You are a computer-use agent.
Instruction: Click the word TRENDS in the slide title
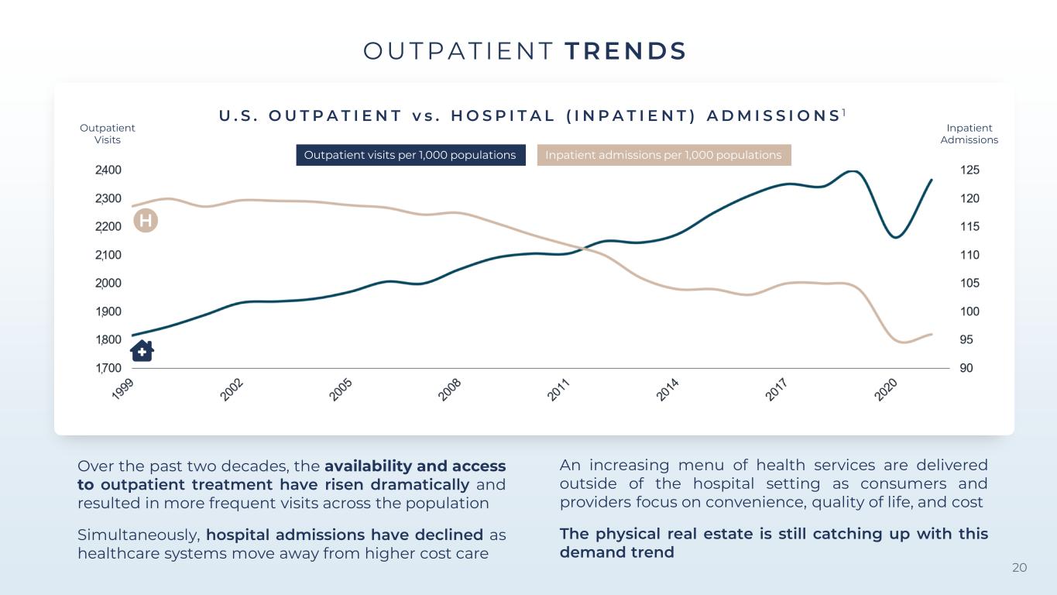point(625,51)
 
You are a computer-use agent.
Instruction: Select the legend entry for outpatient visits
point(410,155)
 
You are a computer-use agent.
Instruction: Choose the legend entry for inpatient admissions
point(664,155)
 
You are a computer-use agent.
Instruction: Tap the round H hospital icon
point(146,221)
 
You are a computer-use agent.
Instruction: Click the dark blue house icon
point(142,351)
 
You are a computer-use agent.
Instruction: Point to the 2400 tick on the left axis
point(108,170)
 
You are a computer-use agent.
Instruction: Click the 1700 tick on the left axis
point(108,368)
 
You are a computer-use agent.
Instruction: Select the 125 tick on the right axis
point(969,170)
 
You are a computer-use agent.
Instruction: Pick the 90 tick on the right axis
point(966,368)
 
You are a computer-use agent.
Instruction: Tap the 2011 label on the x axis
point(559,390)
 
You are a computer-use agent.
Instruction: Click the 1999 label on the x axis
point(122,389)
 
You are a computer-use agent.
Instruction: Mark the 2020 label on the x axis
point(885,390)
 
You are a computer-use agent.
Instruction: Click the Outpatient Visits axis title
point(107,133)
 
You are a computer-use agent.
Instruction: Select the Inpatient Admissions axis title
point(969,133)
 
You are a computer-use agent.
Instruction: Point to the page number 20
point(1019,568)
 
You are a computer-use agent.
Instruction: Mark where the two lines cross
point(584,247)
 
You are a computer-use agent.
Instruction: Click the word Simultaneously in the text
point(139,535)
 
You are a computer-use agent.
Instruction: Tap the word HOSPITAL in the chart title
point(503,115)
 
